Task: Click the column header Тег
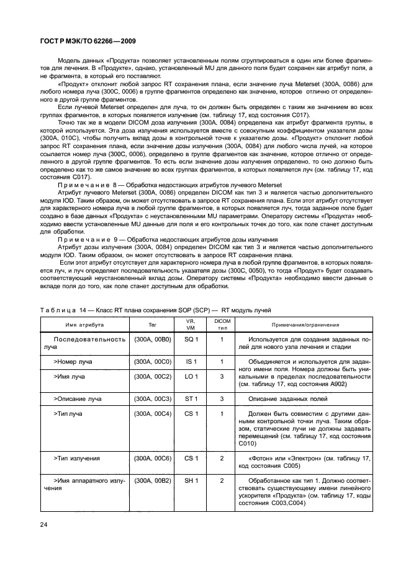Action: click(x=153, y=324)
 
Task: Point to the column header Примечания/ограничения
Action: click(x=305, y=324)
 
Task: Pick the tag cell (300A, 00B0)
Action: click(x=153, y=340)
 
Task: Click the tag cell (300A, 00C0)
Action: click(x=153, y=361)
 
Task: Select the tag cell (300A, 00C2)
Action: click(x=153, y=376)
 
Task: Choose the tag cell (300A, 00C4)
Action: click(x=153, y=413)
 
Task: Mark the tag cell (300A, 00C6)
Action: click(x=153, y=458)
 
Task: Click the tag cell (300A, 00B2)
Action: click(x=153, y=480)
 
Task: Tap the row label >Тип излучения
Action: click(x=79, y=458)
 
